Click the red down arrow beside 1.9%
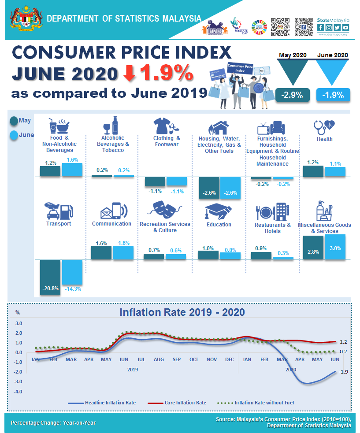coord(129,74)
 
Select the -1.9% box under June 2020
coord(333,95)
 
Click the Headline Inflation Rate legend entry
coord(102,403)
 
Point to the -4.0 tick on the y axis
coord(19,391)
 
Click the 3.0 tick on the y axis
coord(19,323)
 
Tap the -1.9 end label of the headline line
coord(343,372)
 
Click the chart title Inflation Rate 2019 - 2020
coord(182,312)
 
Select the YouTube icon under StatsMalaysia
coord(345,27)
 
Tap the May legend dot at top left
coord(14,121)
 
